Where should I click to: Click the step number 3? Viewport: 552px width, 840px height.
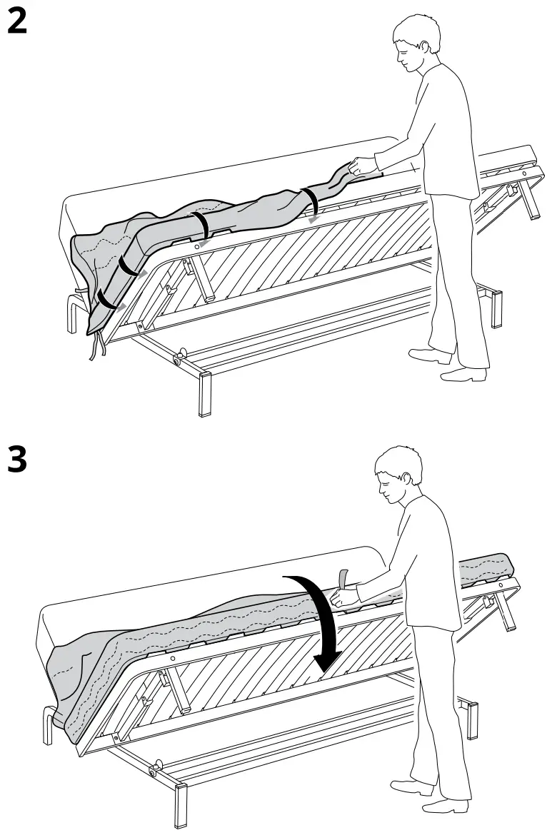click(17, 460)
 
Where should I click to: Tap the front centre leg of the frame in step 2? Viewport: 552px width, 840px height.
click(205, 393)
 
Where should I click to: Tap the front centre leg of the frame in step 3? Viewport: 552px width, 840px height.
click(181, 804)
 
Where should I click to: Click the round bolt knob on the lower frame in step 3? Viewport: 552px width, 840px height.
click(154, 769)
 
